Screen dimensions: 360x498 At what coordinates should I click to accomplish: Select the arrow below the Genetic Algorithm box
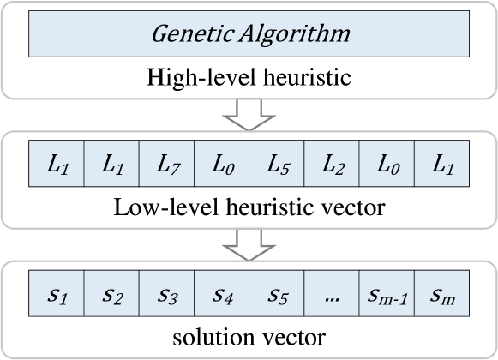click(x=249, y=112)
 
